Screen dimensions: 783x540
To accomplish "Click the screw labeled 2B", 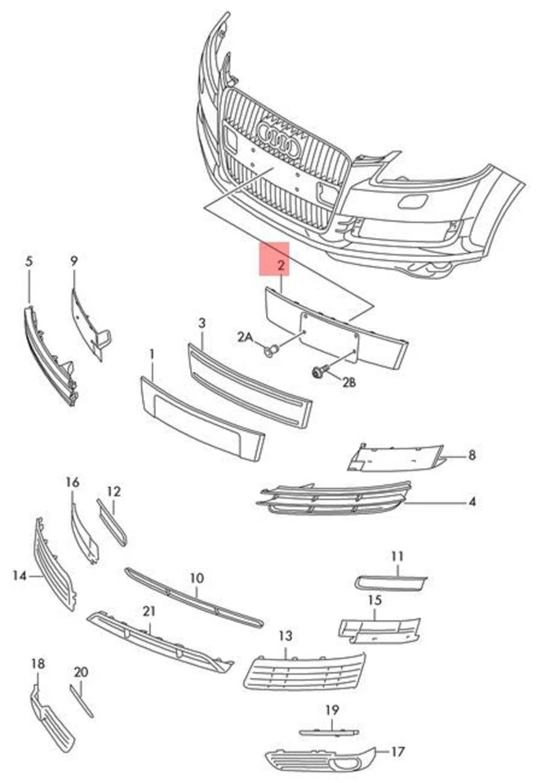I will tap(317, 372).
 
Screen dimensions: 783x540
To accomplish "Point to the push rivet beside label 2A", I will tap(272, 351).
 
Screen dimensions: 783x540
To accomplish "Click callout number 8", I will tap(471, 456).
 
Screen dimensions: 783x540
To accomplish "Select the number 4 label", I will tap(471, 502).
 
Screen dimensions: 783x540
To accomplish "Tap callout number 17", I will tap(397, 751).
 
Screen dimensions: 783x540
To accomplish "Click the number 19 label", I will tap(331, 710).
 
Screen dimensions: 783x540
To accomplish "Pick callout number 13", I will tap(285, 635).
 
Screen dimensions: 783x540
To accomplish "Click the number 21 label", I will tap(148, 611).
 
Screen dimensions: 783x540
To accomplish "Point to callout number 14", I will tap(20, 576).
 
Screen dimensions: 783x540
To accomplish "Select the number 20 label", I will tap(80, 672).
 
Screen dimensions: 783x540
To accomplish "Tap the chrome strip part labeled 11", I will tap(390, 582).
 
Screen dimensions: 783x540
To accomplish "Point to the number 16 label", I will tap(73, 482).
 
